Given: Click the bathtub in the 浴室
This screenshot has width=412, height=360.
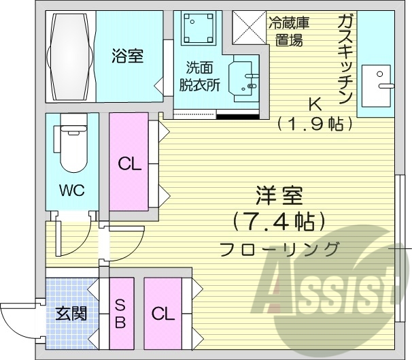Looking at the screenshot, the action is click(70, 56).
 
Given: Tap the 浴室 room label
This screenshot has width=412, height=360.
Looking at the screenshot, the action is click(127, 56).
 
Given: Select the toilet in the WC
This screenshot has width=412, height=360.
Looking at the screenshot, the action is click(71, 143).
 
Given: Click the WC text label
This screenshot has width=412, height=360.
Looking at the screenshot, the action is click(72, 190).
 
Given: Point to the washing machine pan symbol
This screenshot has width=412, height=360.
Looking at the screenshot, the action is click(198, 28).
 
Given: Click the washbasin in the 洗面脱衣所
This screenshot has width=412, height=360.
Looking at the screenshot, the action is click(243, 78).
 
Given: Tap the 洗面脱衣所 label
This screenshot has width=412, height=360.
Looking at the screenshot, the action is click(199, 76).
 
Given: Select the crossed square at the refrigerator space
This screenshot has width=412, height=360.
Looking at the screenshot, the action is click(249, 27).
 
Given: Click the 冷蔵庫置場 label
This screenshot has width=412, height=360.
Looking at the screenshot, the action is click(289, 31).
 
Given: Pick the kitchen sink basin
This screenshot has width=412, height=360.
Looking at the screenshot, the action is click(376, 86).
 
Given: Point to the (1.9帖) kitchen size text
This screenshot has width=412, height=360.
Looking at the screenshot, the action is click(315, 124).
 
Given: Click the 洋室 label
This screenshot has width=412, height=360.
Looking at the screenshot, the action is click(279, 195).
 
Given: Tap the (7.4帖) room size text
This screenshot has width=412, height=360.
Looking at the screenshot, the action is click(279, 223).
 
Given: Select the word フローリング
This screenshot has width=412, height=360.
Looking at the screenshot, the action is click(279, 249).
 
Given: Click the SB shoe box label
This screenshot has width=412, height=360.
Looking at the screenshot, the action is click(120, 314).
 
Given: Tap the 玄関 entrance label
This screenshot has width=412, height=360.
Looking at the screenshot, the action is click(71, 314).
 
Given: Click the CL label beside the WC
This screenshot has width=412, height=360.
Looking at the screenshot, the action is click(130, 164).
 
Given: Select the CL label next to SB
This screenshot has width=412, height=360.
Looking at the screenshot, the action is click(163, 314).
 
